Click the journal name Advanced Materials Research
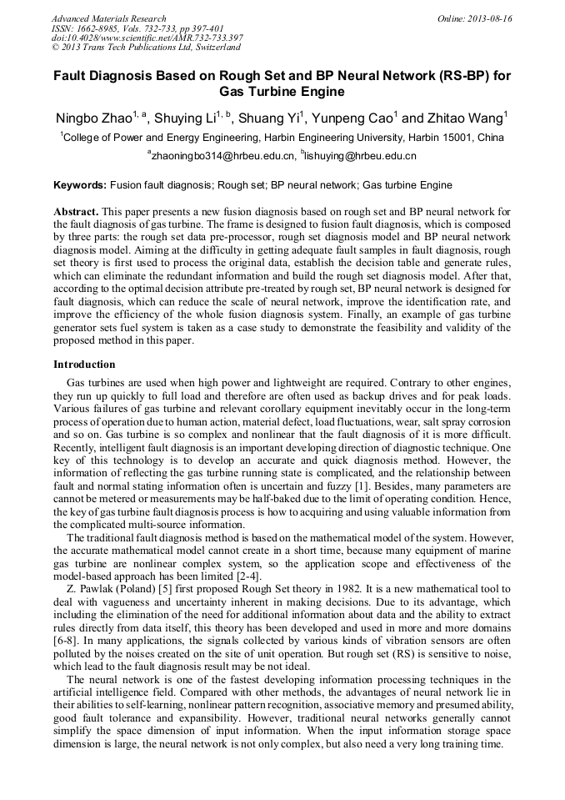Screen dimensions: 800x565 [108, 18]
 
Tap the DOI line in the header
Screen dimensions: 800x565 [147, 38]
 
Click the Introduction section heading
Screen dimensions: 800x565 [84, 365]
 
